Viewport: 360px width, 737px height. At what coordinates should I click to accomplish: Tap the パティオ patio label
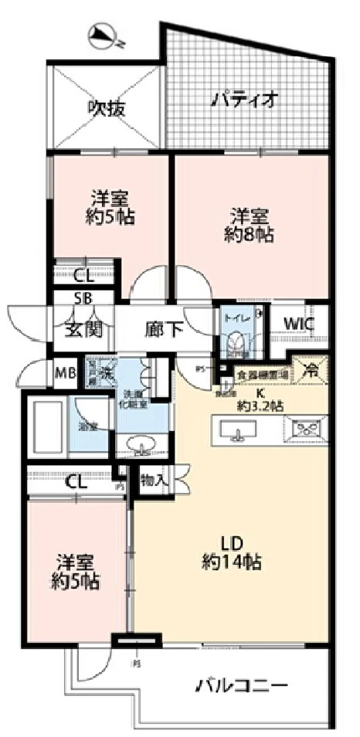[243, 100]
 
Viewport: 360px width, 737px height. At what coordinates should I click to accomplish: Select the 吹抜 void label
[105, 106]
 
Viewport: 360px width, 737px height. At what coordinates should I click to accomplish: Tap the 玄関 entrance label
[83, 329]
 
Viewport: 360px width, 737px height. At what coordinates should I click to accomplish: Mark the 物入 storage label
[152, 480]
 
